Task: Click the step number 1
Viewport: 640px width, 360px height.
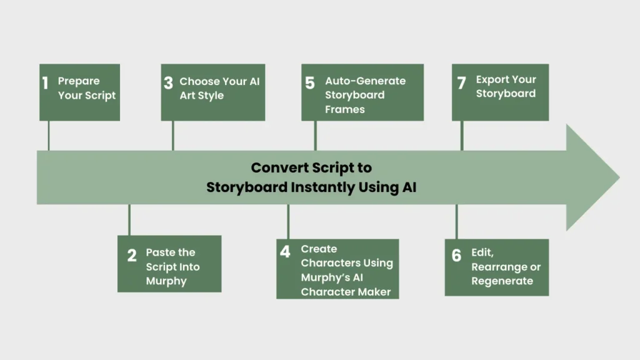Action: [45, 83]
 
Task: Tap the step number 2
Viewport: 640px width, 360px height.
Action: [132, 255]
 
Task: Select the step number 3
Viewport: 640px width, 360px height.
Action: [168, 83]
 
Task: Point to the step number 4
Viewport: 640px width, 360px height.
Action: [285, 252]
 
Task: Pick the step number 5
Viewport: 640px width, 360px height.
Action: [310, 83]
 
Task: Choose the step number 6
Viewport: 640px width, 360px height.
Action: [456, 255]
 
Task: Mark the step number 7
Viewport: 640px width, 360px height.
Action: [461, 83]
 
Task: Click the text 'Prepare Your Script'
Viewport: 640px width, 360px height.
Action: [87, 88]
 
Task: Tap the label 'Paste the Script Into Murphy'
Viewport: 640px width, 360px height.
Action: [172, 267]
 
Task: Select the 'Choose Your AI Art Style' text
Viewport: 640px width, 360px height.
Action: [219, 88]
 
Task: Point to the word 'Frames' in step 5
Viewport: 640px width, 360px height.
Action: [344, 109]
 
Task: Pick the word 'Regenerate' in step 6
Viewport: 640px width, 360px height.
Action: [502, 281]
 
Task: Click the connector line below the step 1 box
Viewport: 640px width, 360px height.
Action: [48, 136]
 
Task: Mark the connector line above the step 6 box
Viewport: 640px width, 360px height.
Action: [456, 222]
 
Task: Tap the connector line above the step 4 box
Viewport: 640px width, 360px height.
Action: [287, 222]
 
